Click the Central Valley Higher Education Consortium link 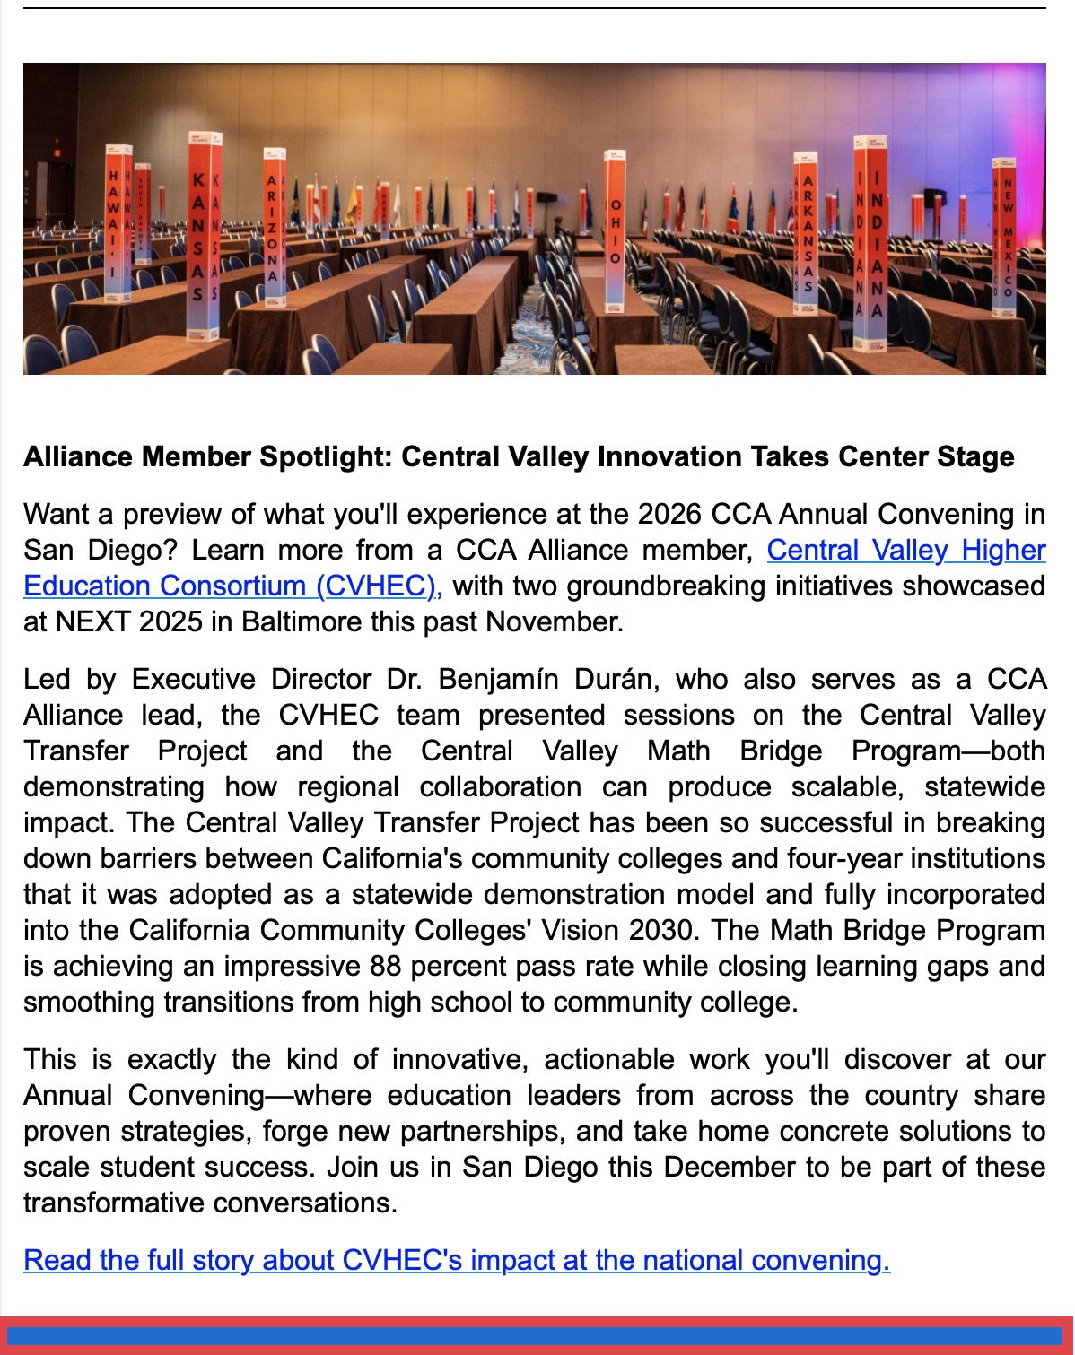point(905,550)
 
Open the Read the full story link point(456,1260)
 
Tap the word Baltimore point(295,621)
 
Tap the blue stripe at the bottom point(537,1336)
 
